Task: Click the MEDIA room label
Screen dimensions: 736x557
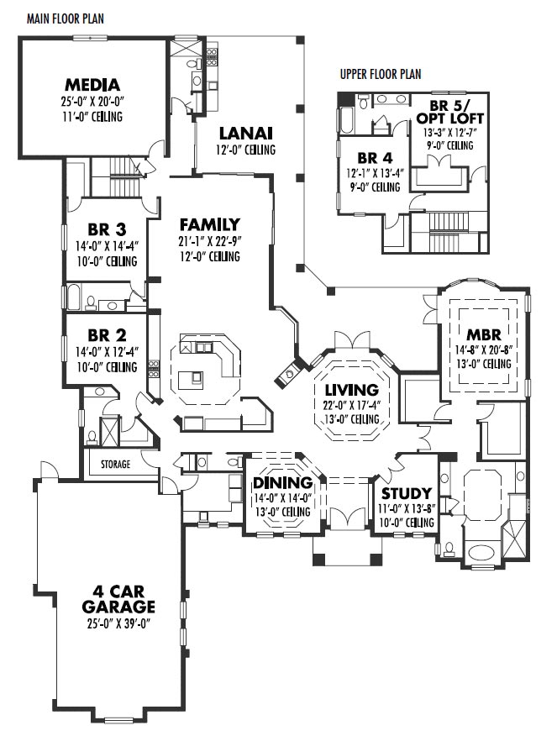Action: point(92,85)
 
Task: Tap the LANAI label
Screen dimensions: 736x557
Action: point(246,133)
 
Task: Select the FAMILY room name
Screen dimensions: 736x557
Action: point(209,224)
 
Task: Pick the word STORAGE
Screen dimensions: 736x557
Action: point(115,464)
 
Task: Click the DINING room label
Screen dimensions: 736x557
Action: point(282,482)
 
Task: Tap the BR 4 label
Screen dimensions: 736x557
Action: point(373,157)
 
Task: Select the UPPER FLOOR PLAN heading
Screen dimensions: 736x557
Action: point(380,74)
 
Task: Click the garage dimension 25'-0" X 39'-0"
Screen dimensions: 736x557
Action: point(118,623)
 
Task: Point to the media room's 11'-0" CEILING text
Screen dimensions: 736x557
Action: point(92,116)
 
